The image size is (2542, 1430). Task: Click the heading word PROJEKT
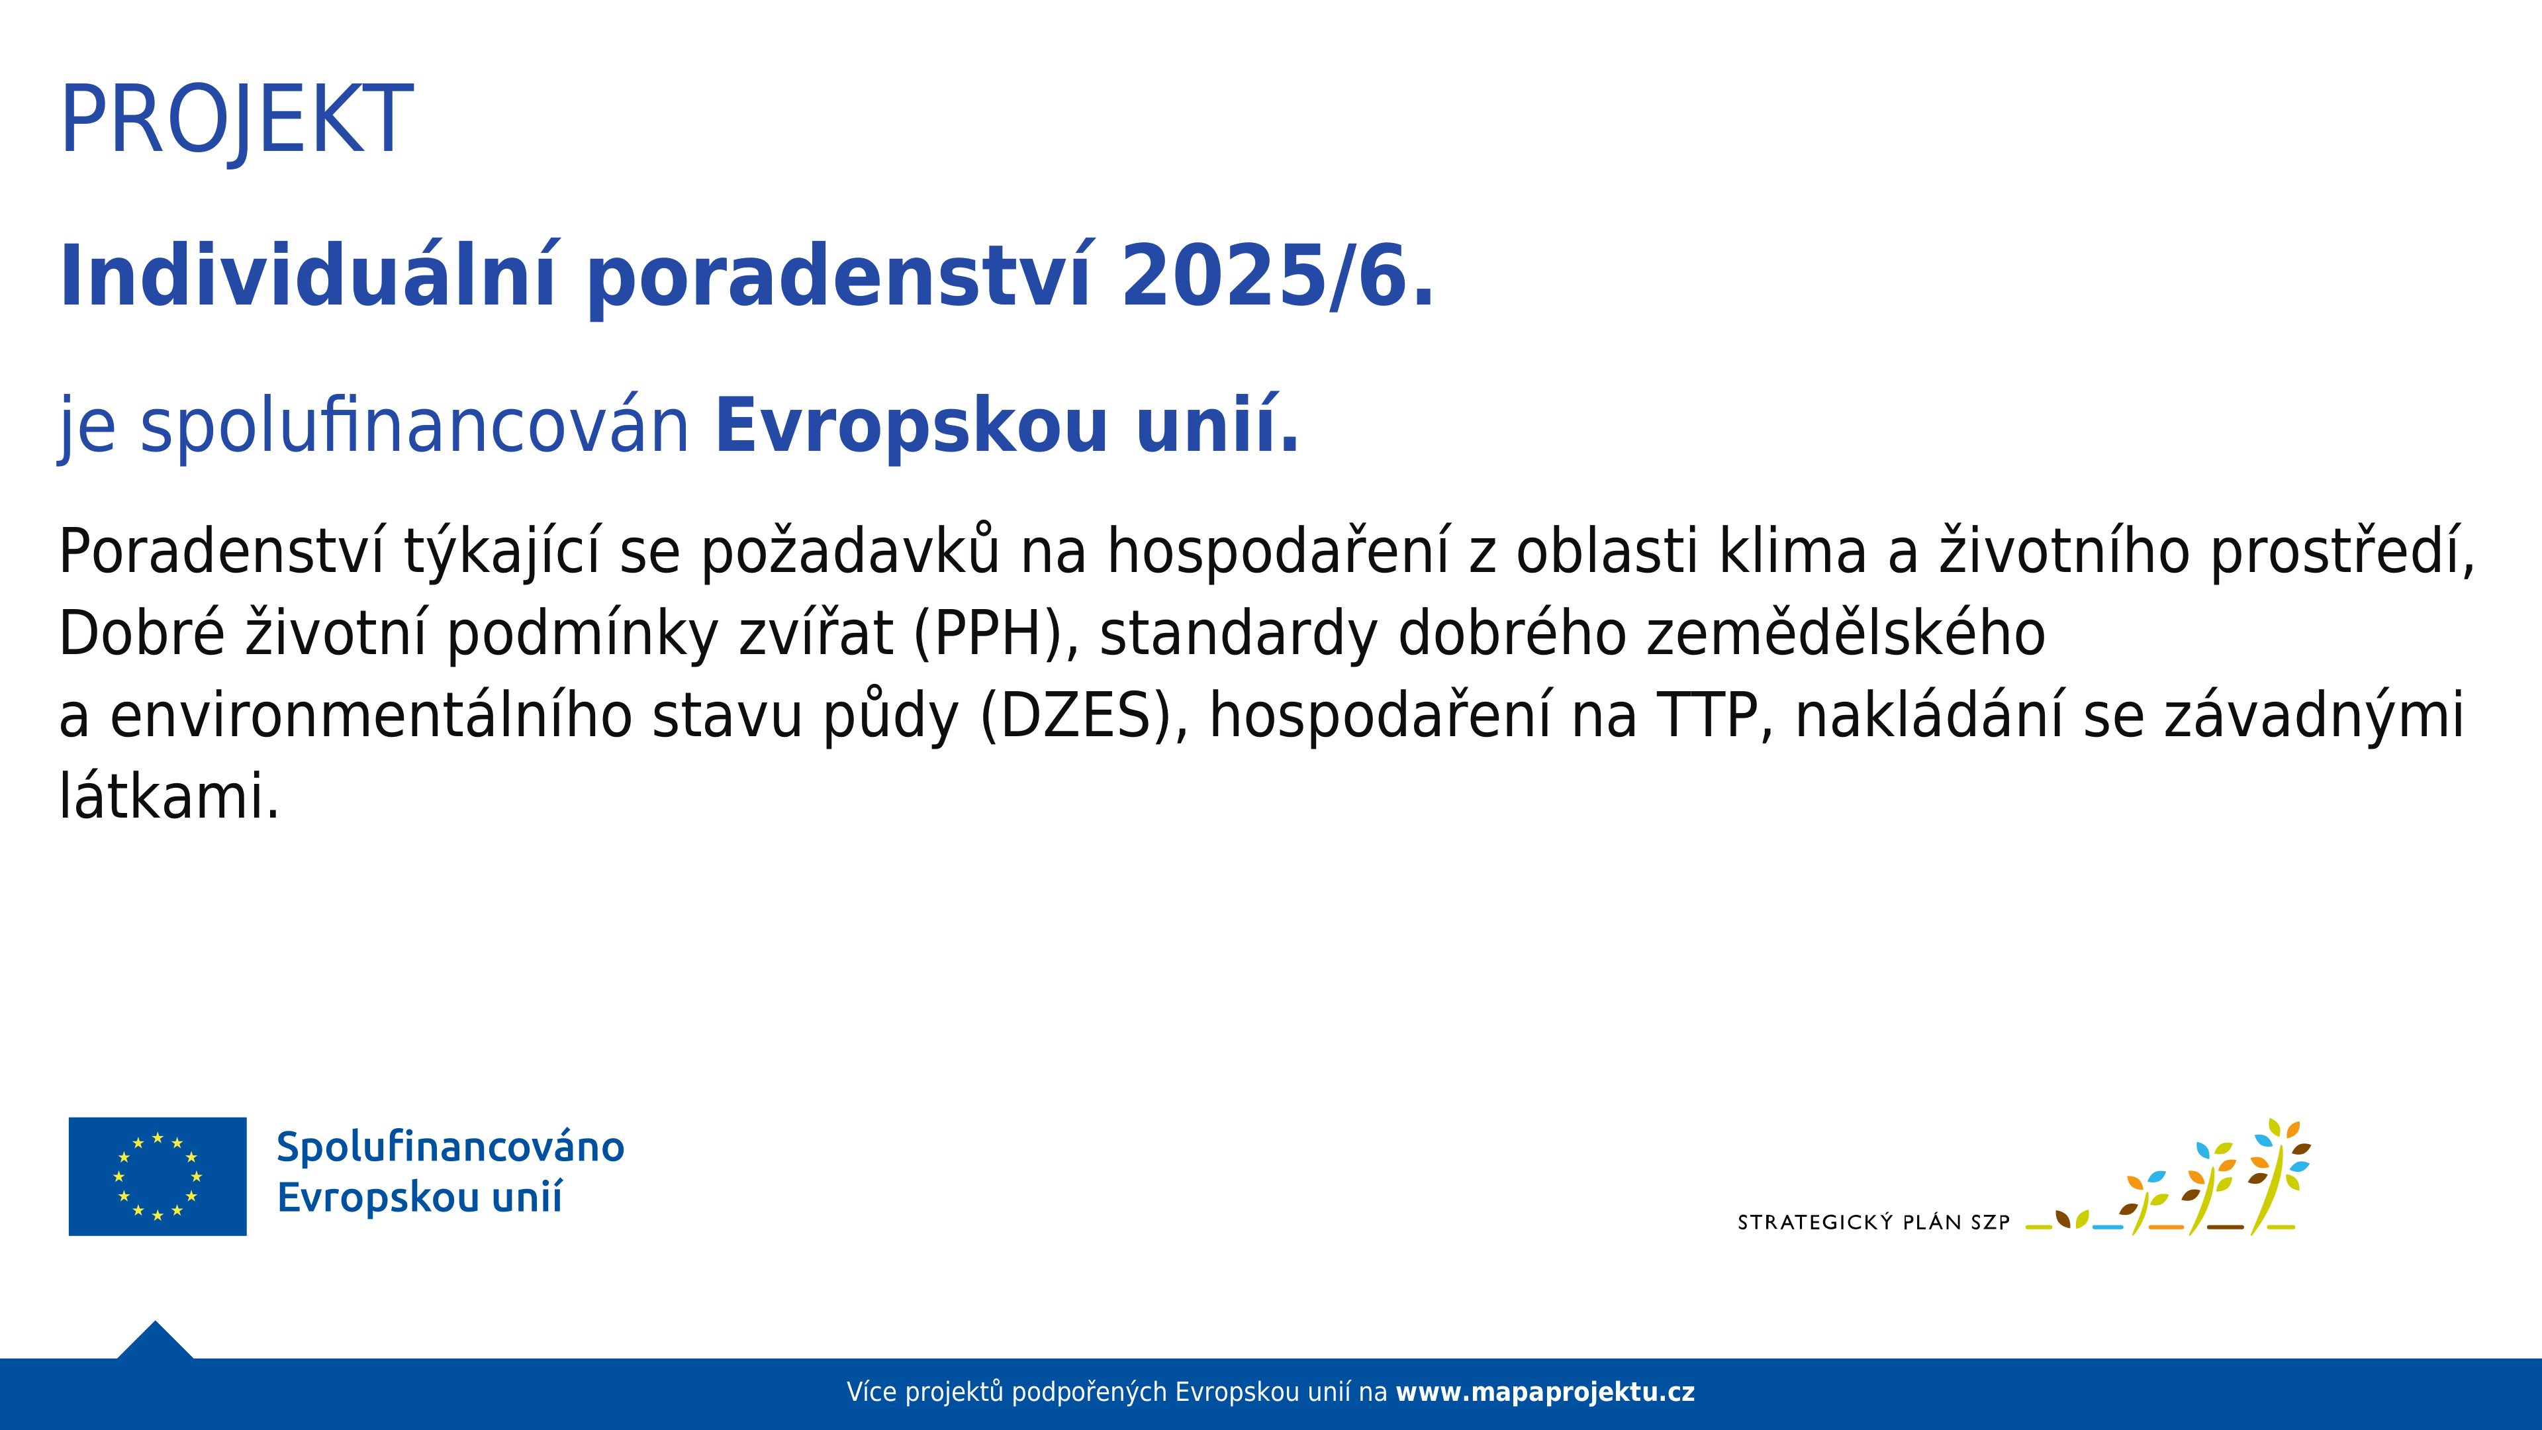[237, 120]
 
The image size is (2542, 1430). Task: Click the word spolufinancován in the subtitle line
[414, 427]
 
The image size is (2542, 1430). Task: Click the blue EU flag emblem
[158, 1176]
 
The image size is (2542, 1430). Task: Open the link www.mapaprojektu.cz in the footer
[1545, 1392]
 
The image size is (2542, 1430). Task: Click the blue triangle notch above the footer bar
[155, 1341]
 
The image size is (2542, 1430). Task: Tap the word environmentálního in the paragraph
[371, 716]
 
